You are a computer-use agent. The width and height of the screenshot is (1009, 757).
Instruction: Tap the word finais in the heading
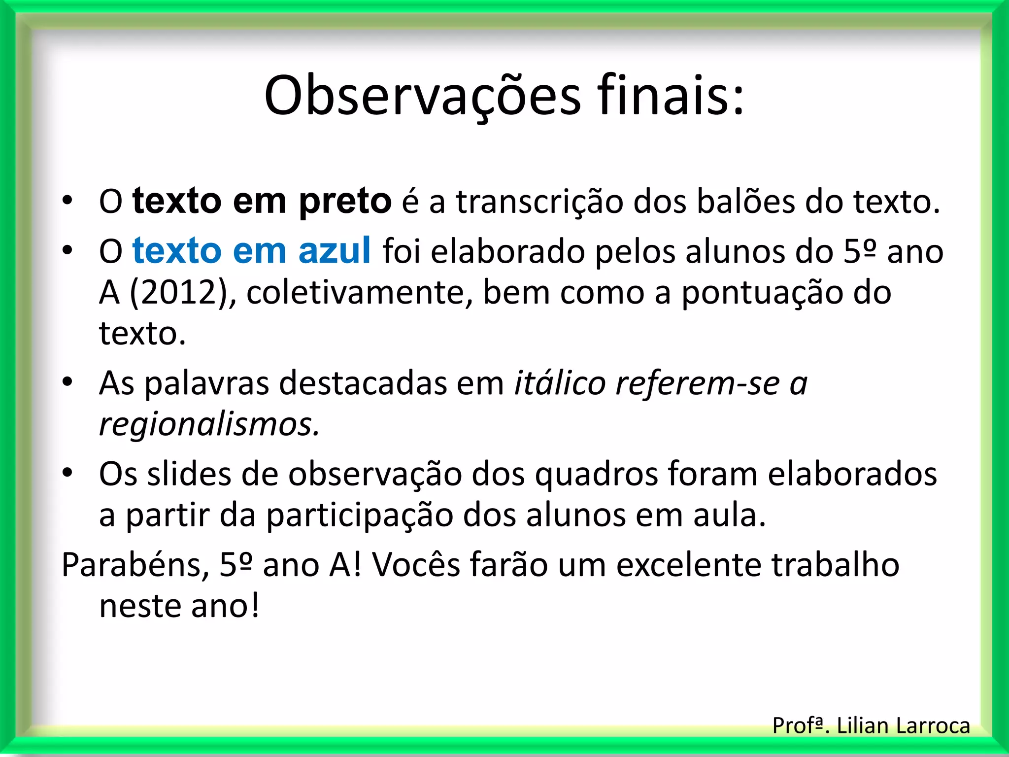tap(671, 95)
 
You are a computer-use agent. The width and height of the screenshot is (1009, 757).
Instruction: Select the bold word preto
tap(345, 202)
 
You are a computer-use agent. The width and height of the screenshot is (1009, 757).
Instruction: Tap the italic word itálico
tap(560, 383)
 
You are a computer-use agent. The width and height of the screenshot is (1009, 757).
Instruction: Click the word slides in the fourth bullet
tap(189, 475)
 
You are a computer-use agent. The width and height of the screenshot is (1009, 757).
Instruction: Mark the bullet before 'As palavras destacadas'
tap(67, 382)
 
